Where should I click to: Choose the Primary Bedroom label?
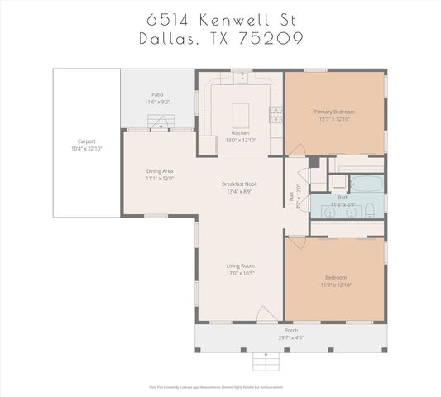333,111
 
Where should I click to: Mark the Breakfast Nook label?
240,184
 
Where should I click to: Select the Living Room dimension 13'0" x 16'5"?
240,272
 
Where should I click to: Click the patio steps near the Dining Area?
159,122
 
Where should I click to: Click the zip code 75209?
266,38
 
